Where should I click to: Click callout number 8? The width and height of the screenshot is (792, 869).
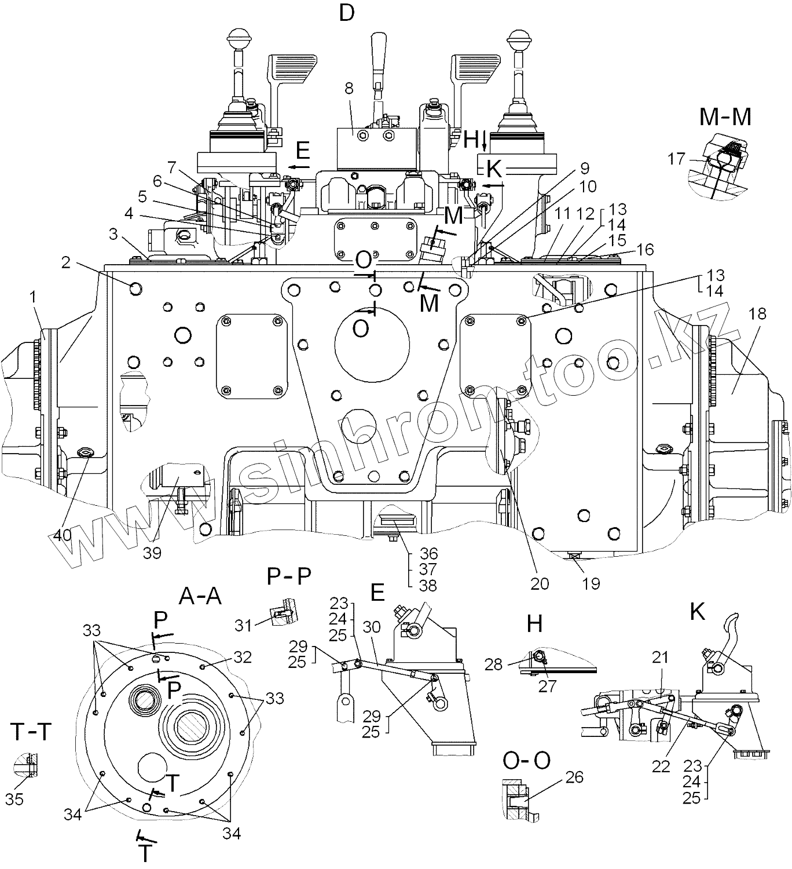(349, 88)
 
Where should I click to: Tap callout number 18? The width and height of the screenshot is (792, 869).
(757, 313)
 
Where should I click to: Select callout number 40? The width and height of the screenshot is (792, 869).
(63, 534)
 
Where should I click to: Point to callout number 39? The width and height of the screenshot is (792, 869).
(152, 553)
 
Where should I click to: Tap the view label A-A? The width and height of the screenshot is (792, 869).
(200, 595)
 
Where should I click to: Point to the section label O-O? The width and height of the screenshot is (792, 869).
(526, 761)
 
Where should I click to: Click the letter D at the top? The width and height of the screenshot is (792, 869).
(346, 12)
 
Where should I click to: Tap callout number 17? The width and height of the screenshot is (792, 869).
(676, 158)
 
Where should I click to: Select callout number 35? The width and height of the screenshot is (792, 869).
(14, 799)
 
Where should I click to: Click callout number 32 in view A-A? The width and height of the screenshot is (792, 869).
(243, 657)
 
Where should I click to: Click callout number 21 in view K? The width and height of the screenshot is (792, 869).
(660, 658)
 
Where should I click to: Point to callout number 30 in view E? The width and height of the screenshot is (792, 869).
(372, 627)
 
